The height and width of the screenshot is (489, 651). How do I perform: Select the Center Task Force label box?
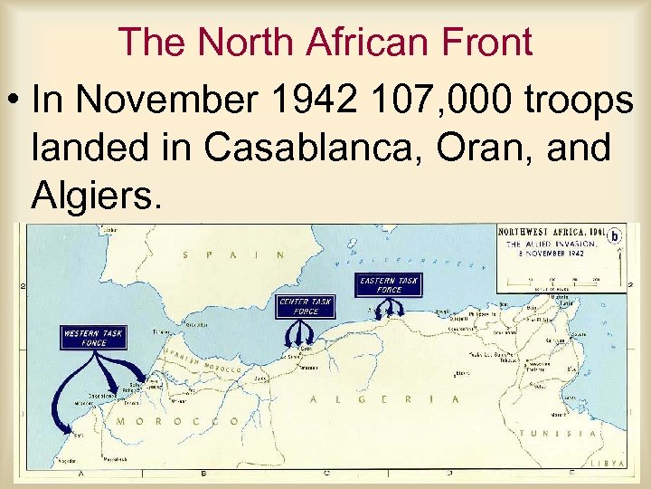point(305,307)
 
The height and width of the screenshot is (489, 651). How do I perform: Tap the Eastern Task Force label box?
point(388,285)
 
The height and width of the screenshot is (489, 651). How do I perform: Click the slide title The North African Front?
point(325,42)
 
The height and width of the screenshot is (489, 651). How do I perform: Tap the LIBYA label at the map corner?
point(609,463)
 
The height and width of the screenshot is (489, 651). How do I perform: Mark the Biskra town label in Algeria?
point(463,372)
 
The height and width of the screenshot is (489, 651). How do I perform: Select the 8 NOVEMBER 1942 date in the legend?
point(551,253)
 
